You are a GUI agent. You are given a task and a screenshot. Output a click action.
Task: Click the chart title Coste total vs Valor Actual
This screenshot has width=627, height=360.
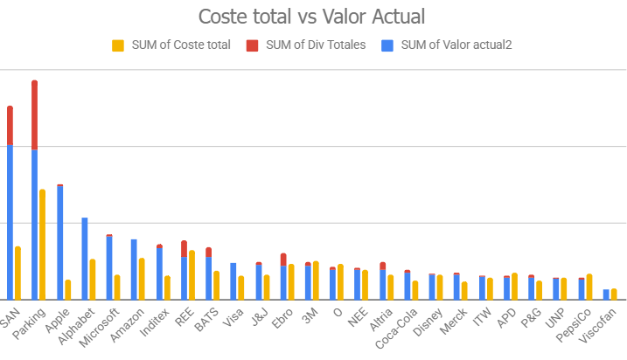coord(314,17)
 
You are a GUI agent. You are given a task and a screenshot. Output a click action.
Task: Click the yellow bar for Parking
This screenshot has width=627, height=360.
coord(42,245)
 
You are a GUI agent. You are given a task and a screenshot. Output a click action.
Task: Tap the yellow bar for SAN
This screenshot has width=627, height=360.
coord(17,273)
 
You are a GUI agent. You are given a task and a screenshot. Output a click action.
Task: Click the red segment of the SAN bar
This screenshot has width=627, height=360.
coord(10,126)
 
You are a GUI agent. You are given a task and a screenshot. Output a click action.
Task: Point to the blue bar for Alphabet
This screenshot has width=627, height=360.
coord(84,259)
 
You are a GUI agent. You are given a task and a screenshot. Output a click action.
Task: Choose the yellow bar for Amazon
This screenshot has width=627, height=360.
coord(142,279)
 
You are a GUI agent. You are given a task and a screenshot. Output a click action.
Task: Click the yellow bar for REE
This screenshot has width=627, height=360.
coord(192,275)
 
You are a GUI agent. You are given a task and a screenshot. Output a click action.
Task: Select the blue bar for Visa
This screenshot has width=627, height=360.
coord(233,281)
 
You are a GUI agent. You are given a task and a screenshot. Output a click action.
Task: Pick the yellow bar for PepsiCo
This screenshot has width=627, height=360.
coord(589,287)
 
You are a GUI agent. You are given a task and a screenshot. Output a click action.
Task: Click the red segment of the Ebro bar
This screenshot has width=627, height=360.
coord(283,260)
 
